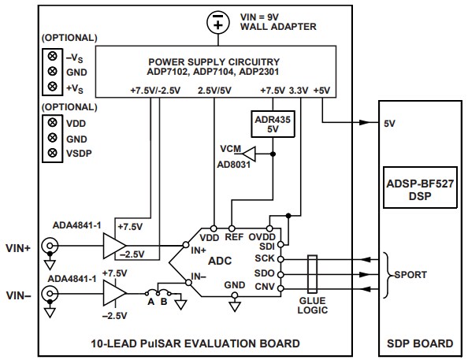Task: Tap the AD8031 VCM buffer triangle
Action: point(249,152)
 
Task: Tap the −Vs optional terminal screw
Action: point(53,57)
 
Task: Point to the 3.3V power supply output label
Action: point(299,90)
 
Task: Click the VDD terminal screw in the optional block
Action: point(53,122)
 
